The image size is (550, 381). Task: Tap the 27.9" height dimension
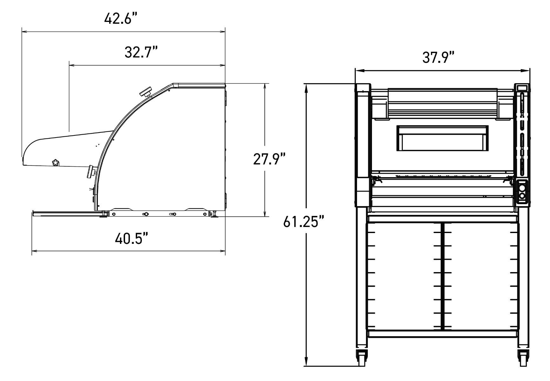270,159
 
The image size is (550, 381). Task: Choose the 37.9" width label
438,57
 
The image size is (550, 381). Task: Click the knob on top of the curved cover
146,92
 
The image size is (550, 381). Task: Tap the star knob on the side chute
56,163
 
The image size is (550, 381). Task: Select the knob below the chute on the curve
92,171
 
